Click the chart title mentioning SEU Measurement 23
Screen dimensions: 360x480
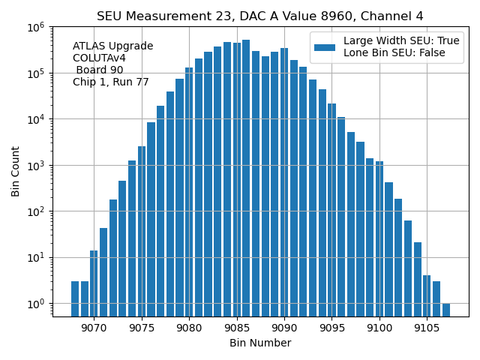259,16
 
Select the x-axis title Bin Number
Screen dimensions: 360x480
259,343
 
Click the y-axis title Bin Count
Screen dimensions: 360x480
16,172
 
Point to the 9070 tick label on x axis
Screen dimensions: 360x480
94,327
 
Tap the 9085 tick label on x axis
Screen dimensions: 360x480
237,327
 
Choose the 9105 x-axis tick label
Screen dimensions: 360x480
427,327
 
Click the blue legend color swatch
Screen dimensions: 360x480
325,47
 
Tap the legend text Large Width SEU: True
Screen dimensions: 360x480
401,41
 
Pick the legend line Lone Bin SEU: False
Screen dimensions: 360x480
394,53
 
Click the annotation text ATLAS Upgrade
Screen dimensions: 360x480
112,46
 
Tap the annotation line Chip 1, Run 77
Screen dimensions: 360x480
110,82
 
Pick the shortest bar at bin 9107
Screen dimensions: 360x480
446,310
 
